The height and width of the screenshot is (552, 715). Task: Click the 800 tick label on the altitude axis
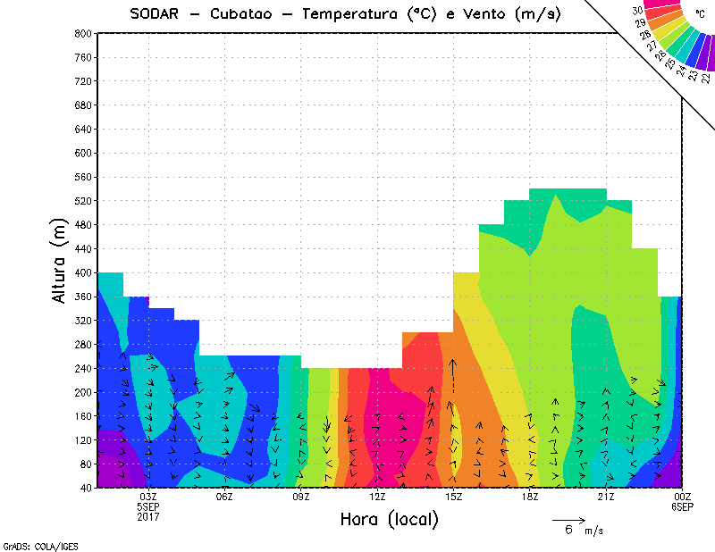pos(84,33)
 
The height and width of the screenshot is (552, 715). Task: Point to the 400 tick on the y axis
pos(84,272)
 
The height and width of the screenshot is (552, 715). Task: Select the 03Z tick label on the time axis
pos(148,497)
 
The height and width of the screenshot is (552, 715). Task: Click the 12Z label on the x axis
pos(377,497)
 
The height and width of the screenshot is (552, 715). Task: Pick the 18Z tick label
pos(530,497)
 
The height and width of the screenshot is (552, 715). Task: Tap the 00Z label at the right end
pos(683,497)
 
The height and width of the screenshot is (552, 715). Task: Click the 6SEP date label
pos(683,506)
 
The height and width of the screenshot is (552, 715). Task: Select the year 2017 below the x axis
pos(148,516)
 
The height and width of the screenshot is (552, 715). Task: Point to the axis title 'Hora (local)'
pos(389,519)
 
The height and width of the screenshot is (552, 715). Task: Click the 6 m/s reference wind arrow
pos(568,519)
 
